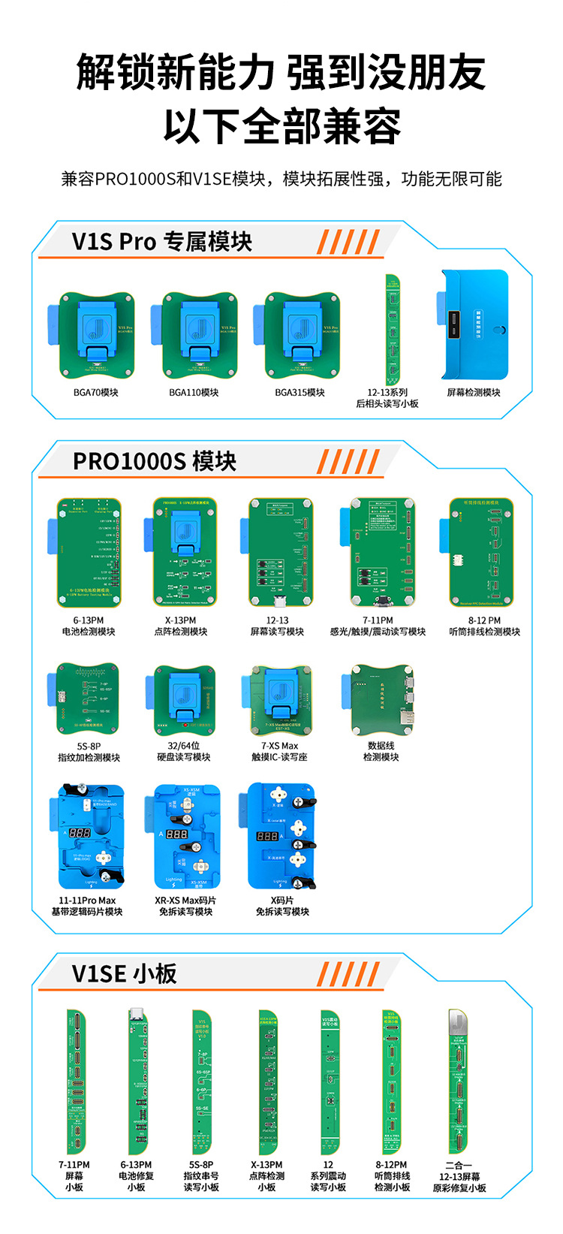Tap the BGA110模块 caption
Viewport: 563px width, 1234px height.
click(194, 393)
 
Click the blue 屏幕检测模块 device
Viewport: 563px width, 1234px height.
click(475, 324)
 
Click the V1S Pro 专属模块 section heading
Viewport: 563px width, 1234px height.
click(162, 242)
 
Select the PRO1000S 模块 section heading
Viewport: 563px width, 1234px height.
click(154, 461)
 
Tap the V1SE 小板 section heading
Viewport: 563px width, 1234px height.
click(125, 974)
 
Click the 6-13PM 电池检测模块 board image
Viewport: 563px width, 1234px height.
click(87, 551)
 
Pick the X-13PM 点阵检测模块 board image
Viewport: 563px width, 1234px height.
click(184, 551)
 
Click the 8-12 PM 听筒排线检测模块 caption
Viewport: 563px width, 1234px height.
click(484, 626)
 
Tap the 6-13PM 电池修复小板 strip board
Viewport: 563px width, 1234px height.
click(137, 1082)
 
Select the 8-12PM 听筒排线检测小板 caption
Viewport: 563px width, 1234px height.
click(393, 1176)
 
